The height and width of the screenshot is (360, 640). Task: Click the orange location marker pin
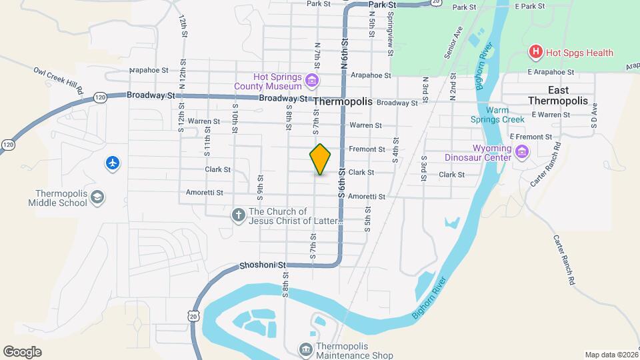(321, 159)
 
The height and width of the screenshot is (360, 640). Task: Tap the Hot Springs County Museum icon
(311, 81)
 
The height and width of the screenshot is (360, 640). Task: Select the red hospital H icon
(535, 52)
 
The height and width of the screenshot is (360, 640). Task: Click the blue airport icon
(113, 163)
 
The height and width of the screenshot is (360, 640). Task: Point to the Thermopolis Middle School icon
(97, 197)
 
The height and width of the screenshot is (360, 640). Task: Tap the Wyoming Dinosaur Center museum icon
(521, 154)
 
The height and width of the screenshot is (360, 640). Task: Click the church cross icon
(238, 215)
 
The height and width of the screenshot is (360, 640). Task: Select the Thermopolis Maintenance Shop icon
(305, 349)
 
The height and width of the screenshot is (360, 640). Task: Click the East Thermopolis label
(558, 95)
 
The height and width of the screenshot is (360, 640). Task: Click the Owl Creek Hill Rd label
(59, 79)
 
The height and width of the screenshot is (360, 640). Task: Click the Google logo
(22, 351)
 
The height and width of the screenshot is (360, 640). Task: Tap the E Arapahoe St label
(550, 71)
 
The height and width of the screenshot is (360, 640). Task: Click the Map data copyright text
(610, 355)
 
